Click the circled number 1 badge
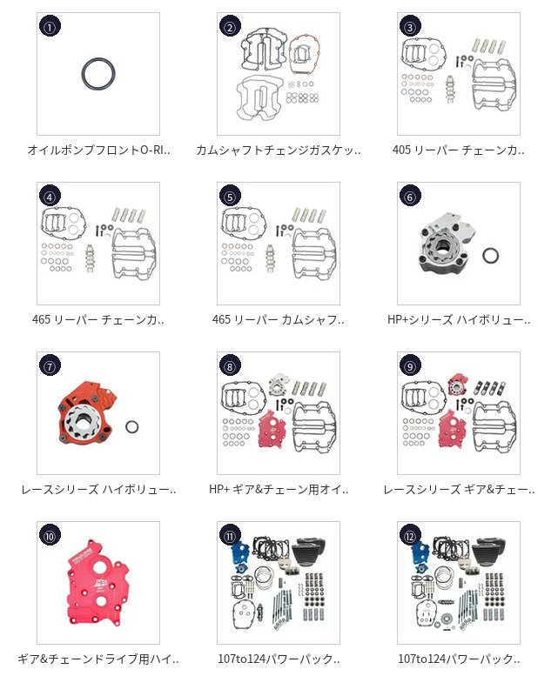pos(50,27)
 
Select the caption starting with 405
pos(458,150)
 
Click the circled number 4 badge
pos(50,197)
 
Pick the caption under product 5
pos(278,319)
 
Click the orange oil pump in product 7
pos(85,414)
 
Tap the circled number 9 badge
pos(410,365)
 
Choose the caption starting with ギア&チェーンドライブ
pos(97,659)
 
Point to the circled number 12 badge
pos(410,536)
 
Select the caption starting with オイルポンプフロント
pos(98,150)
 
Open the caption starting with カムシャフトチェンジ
pos(278,150)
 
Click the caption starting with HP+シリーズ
pos(459,319)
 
